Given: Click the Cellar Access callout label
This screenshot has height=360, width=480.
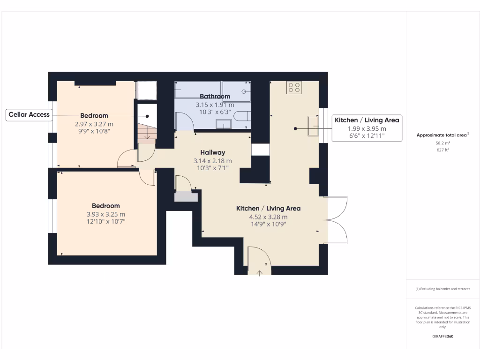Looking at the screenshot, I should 29,115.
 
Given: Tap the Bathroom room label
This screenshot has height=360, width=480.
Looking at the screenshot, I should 215,97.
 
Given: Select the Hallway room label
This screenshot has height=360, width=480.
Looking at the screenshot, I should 212,152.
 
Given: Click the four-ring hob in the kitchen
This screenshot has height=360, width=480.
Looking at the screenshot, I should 294,87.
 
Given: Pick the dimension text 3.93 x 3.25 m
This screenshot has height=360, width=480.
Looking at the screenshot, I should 105,215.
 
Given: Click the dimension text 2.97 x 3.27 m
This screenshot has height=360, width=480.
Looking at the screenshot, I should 94,124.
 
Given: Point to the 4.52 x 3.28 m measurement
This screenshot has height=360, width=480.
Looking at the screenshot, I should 268,217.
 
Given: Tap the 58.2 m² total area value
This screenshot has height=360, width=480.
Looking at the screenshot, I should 443,143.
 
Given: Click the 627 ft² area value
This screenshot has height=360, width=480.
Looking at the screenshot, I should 443,150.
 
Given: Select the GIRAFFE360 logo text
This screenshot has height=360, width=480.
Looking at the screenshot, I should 443,336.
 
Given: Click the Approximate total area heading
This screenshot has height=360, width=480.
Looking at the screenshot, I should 442,135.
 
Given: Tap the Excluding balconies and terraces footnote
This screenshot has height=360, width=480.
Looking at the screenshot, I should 443,289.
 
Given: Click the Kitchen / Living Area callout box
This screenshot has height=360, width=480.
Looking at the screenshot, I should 367,128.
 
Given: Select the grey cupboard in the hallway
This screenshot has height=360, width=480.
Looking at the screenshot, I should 186,197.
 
